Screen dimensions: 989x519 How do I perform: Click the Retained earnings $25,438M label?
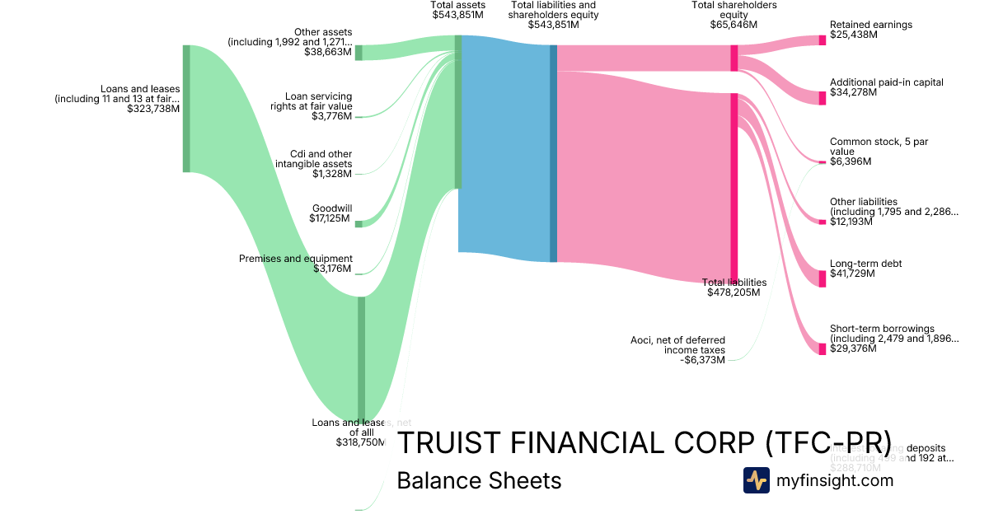click(870, 30)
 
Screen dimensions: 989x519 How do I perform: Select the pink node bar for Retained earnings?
click(822, 40)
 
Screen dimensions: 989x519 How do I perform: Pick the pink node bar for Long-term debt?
click(822, 278)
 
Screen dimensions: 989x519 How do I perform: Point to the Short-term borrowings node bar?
click(822, 348)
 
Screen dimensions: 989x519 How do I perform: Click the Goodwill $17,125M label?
click(331, 213)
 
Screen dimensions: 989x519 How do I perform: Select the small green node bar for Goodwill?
click(359, 223)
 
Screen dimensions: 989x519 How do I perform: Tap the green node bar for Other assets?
click(359, 53)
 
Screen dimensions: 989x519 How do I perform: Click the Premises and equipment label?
click(296, 264)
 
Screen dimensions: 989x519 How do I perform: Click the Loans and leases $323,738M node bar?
click(186, 109)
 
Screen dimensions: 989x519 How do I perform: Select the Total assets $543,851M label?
click(457, 10)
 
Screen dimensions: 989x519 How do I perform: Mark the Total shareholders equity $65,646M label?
click(734, 15)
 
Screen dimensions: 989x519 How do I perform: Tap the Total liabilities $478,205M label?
click(734, 287)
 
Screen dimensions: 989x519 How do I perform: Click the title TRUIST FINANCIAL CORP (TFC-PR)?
click(644, 442)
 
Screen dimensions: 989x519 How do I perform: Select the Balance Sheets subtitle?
click(479, 481)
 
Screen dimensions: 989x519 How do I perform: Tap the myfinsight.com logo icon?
click(756, 480)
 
